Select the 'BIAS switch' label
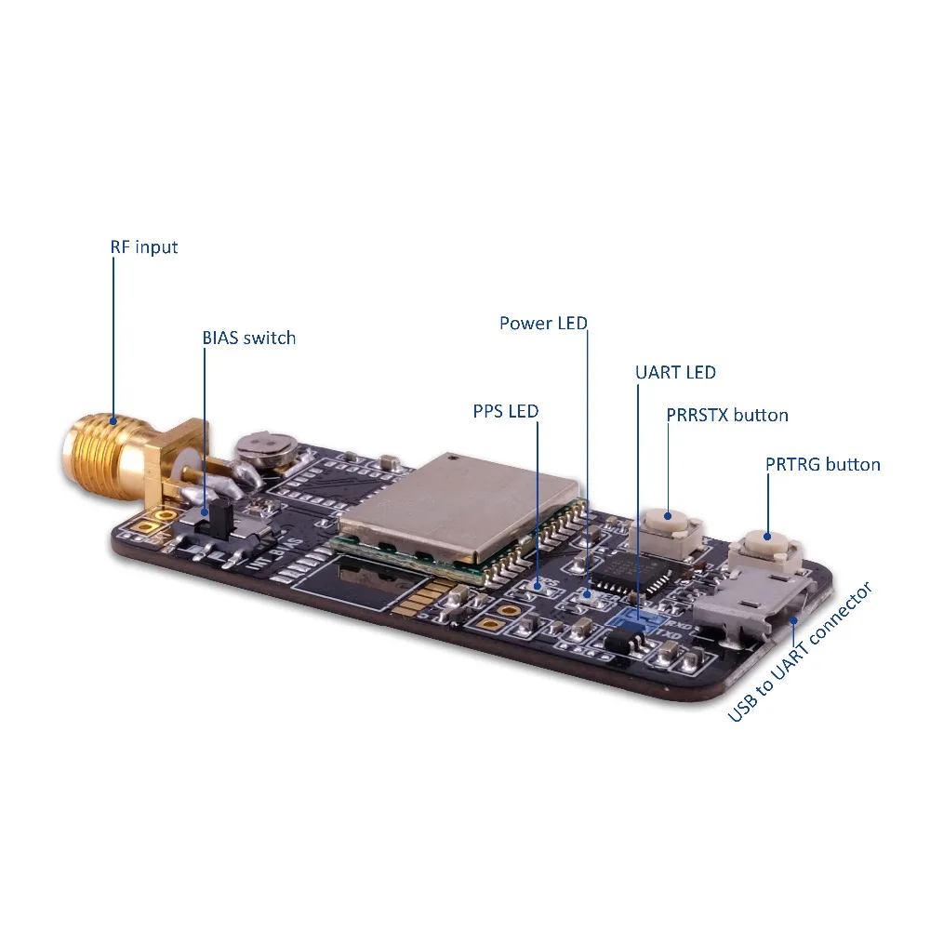248,338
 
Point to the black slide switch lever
206,513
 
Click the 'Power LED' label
543,324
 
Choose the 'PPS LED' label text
505,410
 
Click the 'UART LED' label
675,372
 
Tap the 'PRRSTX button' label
726,415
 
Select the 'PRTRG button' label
822,464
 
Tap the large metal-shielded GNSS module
459,506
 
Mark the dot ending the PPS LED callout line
538,584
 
